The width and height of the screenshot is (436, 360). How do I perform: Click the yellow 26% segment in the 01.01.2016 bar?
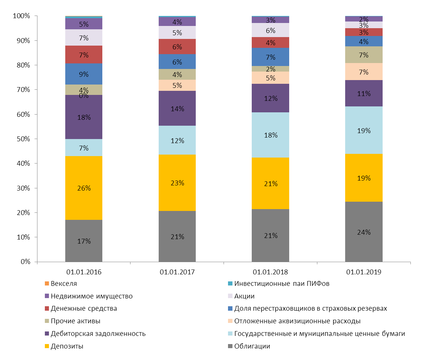pos(84,188)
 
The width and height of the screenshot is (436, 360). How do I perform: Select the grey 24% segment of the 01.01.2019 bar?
pos(364,232)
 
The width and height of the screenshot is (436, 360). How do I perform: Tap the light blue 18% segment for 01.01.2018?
pos(270,135)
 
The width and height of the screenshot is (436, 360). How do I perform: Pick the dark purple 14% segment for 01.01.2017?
pos(177,108)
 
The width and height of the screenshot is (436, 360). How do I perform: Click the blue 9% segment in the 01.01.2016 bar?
pos(84,74)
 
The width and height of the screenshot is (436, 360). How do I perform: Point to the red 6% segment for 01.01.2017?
pos(177,47)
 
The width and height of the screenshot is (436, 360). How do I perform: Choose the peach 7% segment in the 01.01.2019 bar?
pos(364,72)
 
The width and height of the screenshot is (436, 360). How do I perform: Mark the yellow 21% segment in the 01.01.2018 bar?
pos(270,183)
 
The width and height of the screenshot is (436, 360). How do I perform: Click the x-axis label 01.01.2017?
pos(177,272)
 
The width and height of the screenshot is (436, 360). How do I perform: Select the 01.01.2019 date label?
pos(363,272)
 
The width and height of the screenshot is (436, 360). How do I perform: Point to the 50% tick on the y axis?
pos(22,139)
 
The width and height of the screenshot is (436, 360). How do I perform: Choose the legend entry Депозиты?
pos(67,346)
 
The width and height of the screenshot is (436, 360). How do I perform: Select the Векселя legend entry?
pos(63,284)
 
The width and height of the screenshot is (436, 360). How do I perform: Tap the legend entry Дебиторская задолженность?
pos(98,334)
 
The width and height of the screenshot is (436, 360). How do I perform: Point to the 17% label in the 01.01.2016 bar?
pos(84,241)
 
